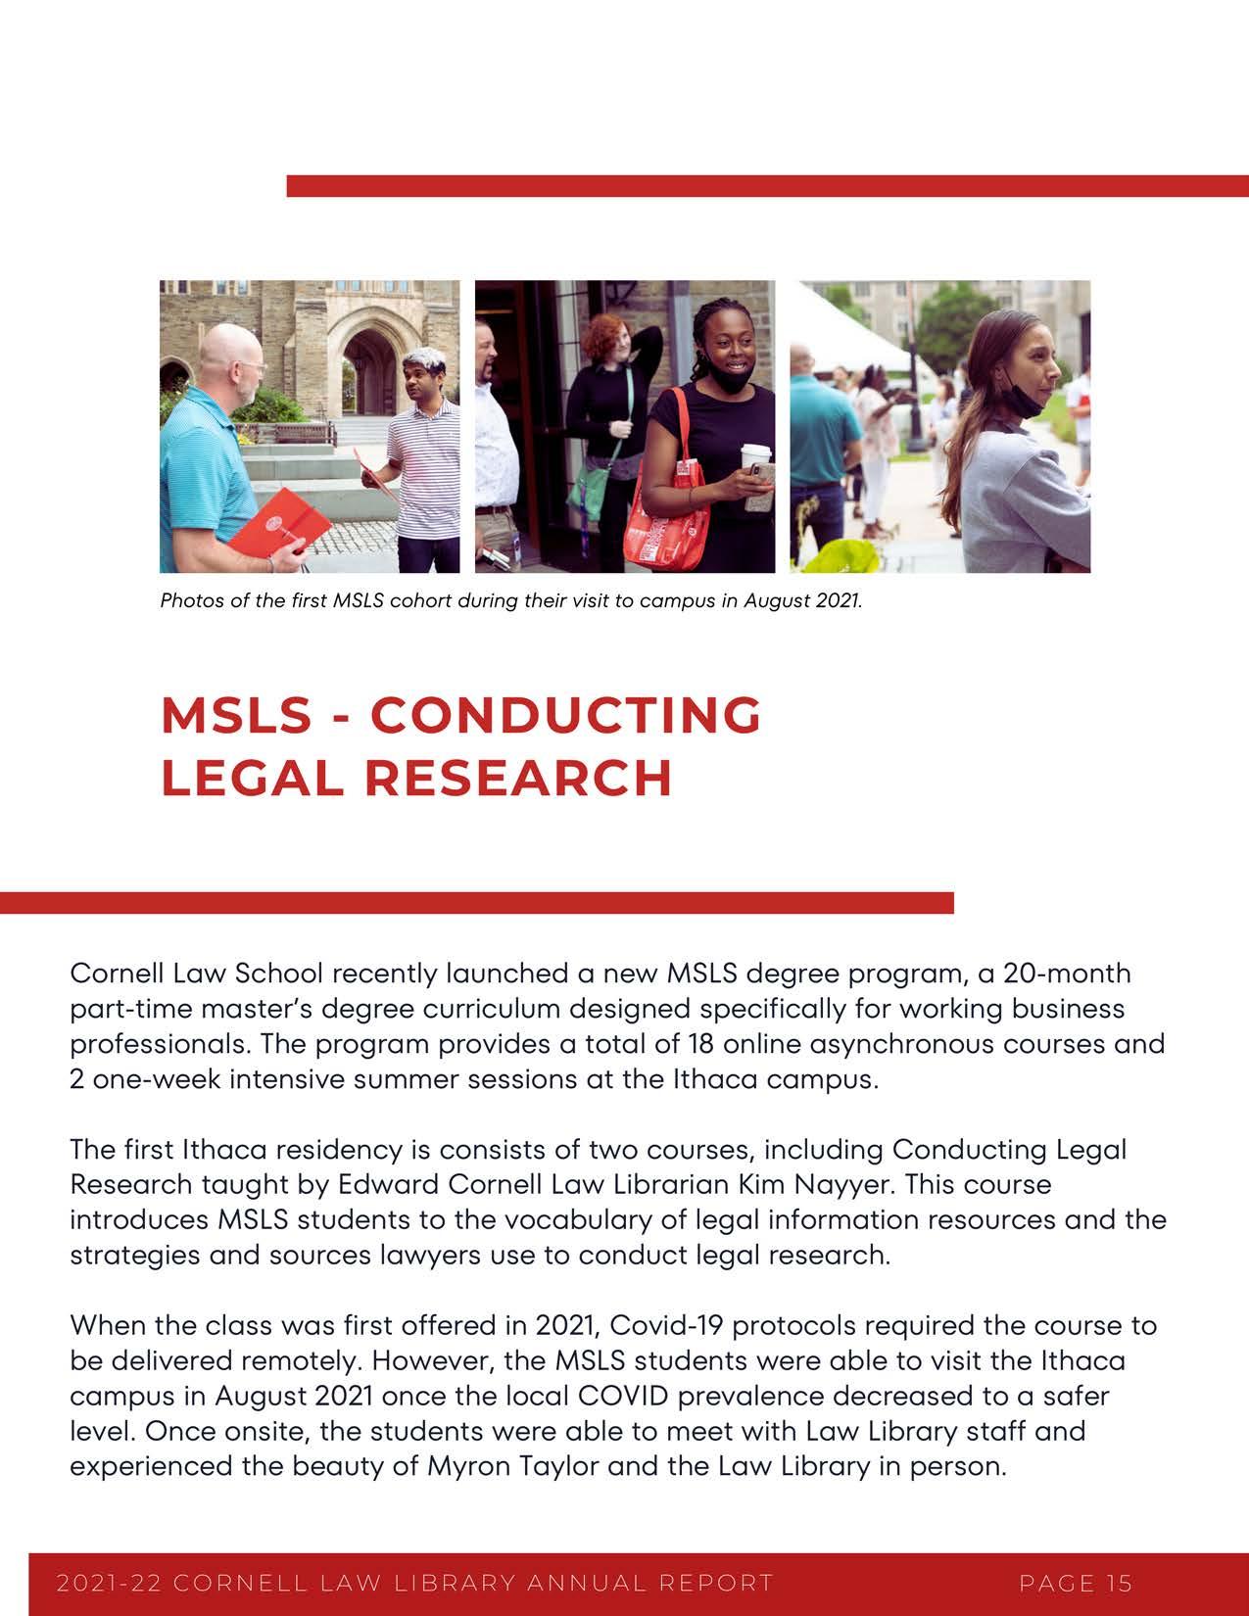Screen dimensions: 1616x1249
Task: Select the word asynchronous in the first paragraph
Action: click(x=900, y=1043)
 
